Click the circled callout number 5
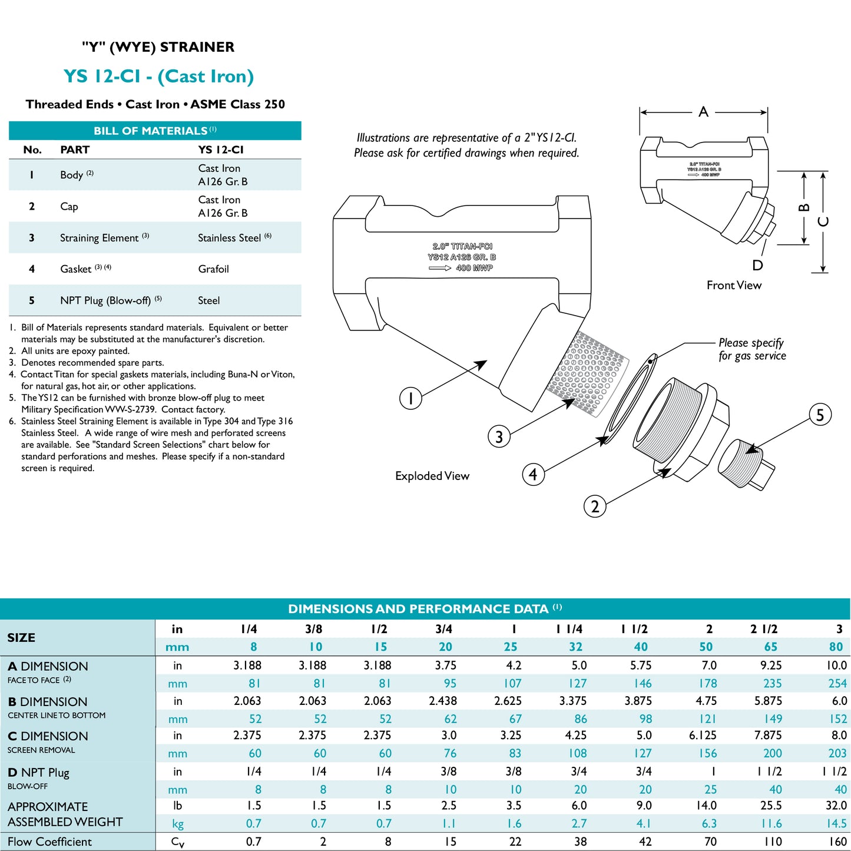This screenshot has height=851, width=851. pos(820,415)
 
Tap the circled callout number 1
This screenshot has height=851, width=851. pos(410,398)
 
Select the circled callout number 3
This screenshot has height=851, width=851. pos(499,437)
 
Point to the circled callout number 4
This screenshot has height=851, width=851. pos(533,474)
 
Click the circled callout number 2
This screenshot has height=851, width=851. pos(595,506)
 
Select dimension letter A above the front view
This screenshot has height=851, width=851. pos(703,112)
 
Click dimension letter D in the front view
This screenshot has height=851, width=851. pos(757,266)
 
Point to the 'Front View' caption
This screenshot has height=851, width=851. pos(734,286)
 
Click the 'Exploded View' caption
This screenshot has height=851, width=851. pos(432,476)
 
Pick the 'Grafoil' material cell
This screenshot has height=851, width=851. pos(213,269)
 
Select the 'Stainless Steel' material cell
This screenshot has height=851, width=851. pos(230,238)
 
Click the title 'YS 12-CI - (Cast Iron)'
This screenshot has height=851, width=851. pos(158,77)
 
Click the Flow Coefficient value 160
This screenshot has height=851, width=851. pos(837,842)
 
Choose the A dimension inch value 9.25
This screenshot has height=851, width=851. pos(771,665)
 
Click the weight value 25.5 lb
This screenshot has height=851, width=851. pos(771,806)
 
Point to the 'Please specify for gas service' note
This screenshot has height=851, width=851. pos(752,349)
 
